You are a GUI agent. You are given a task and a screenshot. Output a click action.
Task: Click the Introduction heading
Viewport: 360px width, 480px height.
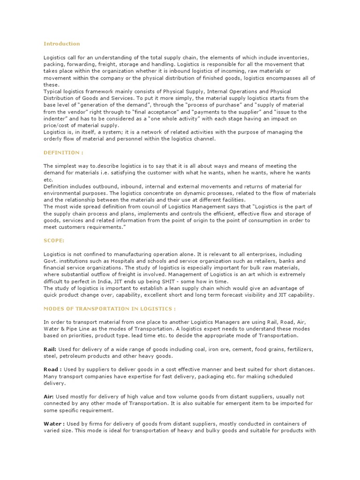62,44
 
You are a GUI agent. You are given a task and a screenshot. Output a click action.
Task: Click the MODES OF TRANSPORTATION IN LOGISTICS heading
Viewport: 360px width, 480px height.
110,308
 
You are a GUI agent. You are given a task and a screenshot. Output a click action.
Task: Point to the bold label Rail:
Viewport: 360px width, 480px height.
50,349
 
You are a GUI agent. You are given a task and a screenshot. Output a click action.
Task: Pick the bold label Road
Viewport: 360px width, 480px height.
52,369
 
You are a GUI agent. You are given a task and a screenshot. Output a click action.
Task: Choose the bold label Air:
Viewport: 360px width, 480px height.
49,396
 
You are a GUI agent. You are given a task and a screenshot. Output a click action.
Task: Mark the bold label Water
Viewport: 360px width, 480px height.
53,423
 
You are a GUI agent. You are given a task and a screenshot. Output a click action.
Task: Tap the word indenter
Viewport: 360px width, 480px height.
54,119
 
